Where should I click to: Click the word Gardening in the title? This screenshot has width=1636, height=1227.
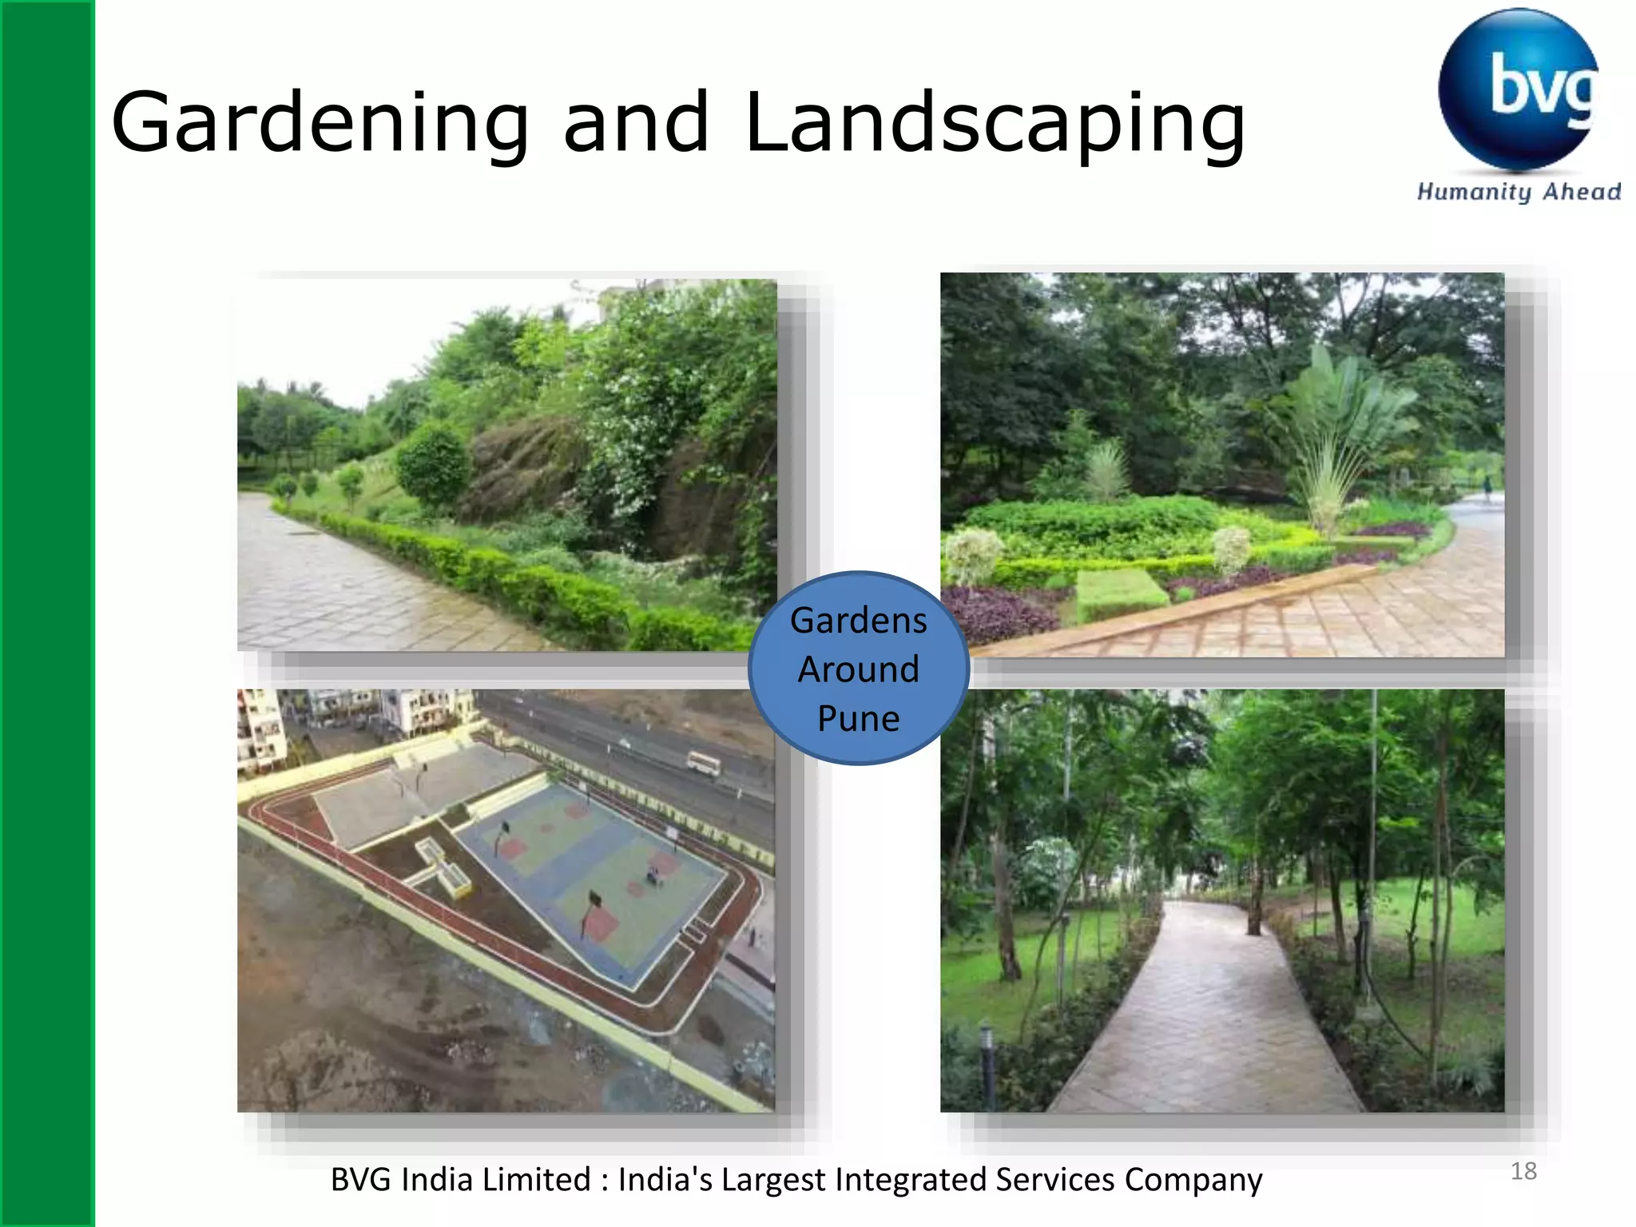320,124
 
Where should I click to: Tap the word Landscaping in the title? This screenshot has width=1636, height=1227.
995,124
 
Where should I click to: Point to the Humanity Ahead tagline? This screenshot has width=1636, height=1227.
1519,192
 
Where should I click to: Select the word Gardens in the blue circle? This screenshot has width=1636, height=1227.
859,621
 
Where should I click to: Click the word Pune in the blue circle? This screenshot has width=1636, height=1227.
859,718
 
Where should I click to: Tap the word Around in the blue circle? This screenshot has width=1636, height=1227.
859,669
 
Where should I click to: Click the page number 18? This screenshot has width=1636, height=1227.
1523,1171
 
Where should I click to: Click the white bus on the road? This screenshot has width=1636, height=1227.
704,764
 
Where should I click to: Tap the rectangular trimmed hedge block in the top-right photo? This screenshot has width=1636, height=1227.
1121,594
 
